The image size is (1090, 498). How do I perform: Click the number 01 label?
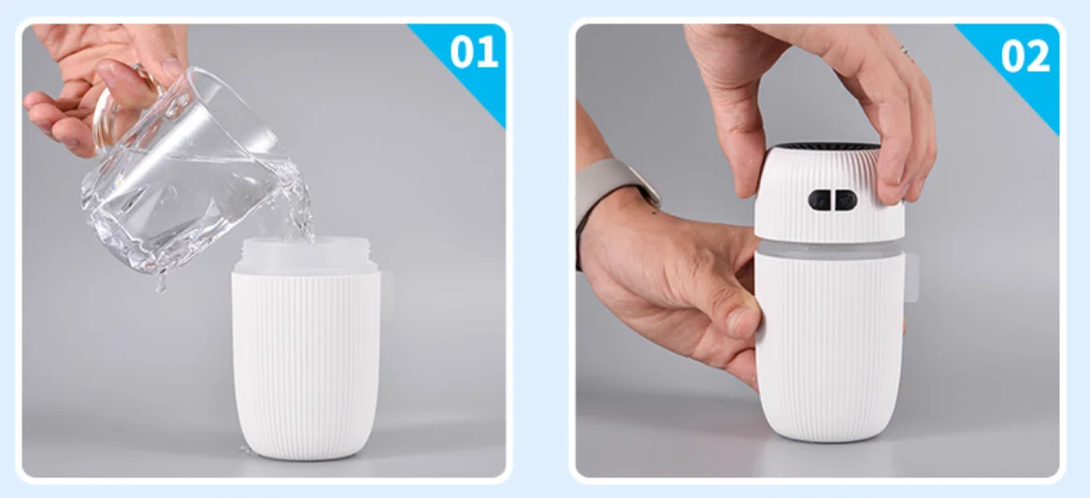point(474,51)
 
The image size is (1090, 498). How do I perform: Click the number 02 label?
point(1025,54)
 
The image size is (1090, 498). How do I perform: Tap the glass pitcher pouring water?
point(194,174)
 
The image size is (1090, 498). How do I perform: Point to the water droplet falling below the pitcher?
point(162,283)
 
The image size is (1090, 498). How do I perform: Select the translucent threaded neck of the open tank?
point(307,254)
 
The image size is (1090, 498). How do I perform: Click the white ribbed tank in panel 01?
point(306,364)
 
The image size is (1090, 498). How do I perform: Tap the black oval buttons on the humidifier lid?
point(832,200)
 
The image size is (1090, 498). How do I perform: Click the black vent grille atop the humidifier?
point(827,147)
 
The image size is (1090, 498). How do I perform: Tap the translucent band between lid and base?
point(830,248)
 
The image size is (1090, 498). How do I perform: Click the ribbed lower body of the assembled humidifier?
point(830,348)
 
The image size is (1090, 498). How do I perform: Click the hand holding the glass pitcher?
point(105,83)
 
